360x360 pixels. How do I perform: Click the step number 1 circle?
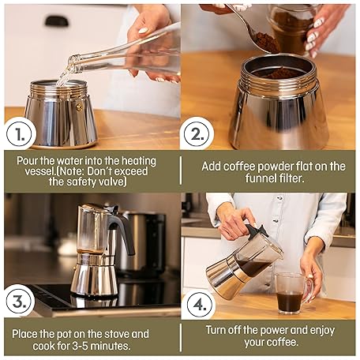[x=21, y=133]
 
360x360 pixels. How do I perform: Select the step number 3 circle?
[x=20, y=301]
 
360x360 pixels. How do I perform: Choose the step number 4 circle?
[x=200, y=305]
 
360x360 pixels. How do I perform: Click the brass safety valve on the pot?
[x=79, y=107]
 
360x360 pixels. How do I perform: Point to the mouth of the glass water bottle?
[x=72, y=64]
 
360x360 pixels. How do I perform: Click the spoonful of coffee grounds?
[x=267, y=43]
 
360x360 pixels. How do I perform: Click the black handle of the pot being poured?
[x=255, y=231]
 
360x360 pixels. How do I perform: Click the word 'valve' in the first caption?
[x=114, y=182]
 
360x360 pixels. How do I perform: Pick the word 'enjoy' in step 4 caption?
[x=322, y=331]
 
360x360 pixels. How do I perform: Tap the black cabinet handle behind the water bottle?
[x=57, y=21]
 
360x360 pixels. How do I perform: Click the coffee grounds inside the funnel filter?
[x=279, y=73]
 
